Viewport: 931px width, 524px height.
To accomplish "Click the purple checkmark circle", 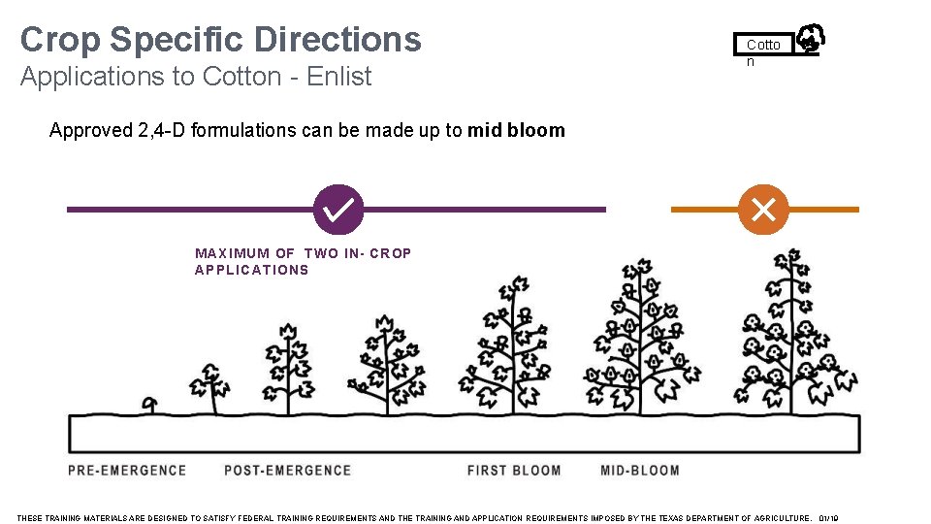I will (339, 209).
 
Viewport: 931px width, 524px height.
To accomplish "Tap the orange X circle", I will (763, 209).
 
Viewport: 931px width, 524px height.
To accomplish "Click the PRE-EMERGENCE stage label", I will (127, 471).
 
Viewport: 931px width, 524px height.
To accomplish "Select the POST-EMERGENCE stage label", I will (287, 471).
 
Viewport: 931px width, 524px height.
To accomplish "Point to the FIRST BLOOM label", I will (514, 471).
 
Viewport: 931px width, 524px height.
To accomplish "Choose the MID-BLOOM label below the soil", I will (640, 471).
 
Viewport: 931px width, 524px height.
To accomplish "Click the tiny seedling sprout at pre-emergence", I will (149, 403).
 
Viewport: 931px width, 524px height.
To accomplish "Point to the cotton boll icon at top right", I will (810, 40).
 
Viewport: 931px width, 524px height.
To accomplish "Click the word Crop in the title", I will (60, 40).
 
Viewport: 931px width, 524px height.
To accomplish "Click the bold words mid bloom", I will (516, 130).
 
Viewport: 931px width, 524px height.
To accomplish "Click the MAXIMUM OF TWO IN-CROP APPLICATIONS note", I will (303, 262).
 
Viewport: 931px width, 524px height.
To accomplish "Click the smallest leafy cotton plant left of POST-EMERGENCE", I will (209, 384).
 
